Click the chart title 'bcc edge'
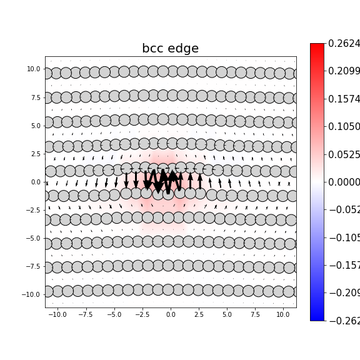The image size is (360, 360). point(170,49)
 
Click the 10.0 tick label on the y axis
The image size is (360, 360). point(32,69)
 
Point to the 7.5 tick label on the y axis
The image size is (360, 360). point(34,97)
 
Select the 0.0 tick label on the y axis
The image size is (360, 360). point(34,182)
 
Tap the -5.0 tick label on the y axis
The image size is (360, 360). point(32,238)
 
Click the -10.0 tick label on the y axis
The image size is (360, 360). point(31,294)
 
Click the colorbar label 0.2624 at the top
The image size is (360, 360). point(344,44)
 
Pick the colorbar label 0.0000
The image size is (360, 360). point(344,182)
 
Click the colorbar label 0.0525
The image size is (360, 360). point(344,154)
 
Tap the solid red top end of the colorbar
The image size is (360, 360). point(317,46)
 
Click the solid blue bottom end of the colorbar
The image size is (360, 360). point(317,317)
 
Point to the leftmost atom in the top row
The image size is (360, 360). point(47,73)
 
